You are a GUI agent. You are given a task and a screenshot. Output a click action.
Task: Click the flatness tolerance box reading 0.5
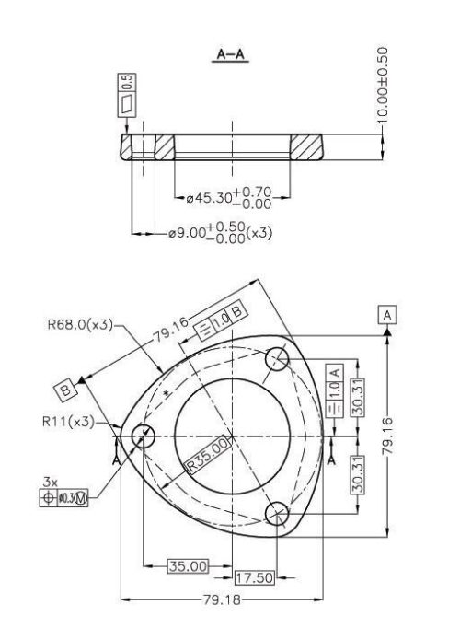point(126,95)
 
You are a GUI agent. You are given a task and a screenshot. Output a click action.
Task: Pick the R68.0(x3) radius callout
point(80,324)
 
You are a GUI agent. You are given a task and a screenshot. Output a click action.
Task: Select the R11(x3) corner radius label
point(68,422)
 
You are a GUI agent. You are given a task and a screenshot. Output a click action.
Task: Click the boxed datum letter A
point(388,315)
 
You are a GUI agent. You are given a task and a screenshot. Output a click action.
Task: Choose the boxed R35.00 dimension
point(207,454)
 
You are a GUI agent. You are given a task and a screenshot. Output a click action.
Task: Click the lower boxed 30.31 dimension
point(362,479)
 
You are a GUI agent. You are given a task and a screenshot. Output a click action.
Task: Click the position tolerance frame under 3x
point(63,498)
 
